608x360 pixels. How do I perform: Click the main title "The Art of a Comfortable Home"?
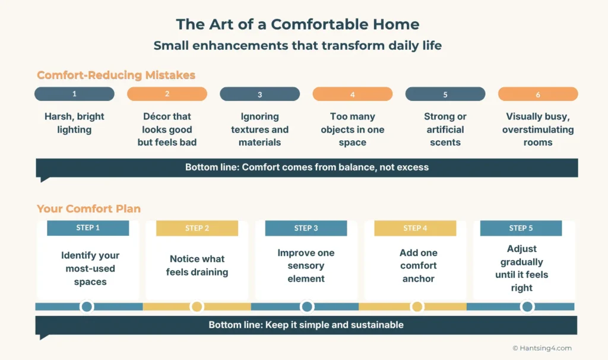(297, 24)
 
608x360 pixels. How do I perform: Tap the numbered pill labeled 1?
(74, 94)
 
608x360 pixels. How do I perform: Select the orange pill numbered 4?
(353, 94)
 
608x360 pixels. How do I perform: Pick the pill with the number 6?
(538, 94)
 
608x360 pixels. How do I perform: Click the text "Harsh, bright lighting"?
(75, 123)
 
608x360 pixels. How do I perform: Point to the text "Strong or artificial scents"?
(445, 130)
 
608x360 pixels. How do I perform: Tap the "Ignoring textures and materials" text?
(260, 130)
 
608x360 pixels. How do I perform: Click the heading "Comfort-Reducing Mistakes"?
(116, 75)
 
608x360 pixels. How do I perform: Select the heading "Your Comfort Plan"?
(88, 209)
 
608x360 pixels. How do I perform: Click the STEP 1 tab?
(88, 228)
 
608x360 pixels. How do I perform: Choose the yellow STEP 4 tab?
(415, 228)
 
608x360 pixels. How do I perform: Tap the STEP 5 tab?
(521, 228)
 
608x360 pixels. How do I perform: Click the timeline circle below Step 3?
(307, 307)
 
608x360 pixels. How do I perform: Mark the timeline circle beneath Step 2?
(197, 307)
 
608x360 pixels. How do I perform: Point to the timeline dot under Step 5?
(527, 307)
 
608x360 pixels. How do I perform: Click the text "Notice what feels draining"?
(197, 266)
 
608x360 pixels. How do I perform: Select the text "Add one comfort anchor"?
(418, 266)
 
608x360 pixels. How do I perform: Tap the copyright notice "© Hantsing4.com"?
(541, 348)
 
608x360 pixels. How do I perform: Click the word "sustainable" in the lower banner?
(376, 325)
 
